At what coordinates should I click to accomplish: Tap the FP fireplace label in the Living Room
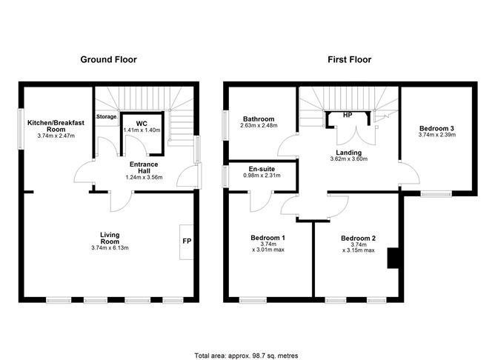185,241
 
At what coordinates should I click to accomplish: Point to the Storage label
107,116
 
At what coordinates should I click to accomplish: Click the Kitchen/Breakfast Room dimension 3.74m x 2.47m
56,136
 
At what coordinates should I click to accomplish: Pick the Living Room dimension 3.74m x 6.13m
110,248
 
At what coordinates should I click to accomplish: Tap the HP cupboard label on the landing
347,115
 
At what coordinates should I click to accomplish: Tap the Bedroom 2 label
358,238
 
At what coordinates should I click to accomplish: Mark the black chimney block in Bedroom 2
394,257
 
